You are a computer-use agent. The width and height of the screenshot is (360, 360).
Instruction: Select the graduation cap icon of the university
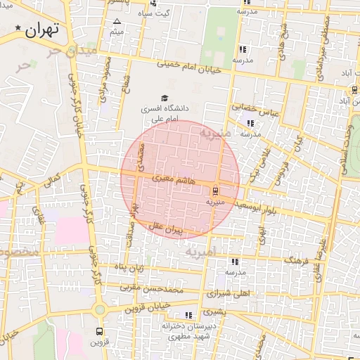click(x=165, y=98)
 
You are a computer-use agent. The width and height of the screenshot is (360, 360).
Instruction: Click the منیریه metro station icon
click(x=215, y=190)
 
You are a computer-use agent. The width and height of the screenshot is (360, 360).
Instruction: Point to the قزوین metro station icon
click(x=98, y=330)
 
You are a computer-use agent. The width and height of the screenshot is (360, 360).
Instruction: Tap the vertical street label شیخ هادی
click(x=283, y=29)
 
